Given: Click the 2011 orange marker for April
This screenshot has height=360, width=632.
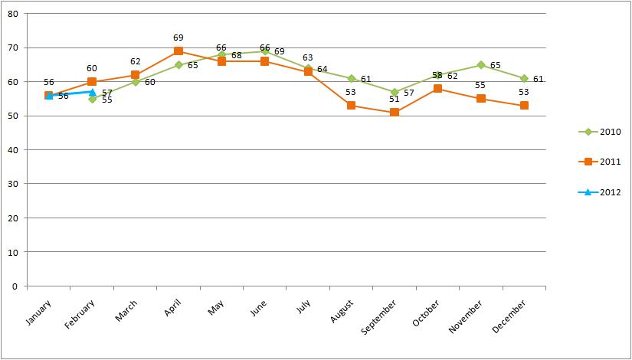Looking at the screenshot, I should tap(178, 51).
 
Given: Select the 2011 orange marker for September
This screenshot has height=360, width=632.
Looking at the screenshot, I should tap(395, 113).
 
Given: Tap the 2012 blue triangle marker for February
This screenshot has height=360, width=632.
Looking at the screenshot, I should tap(92, 92).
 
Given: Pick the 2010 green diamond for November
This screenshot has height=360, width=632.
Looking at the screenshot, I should tap(481, 65).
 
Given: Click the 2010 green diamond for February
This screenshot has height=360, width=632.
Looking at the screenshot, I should tap(92, 99).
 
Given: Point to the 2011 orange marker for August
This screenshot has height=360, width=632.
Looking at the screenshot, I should tap(351, 106).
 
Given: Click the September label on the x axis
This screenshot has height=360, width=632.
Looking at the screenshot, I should tap(386, 316).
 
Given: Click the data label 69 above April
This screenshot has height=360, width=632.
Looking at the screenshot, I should tap(178, 38).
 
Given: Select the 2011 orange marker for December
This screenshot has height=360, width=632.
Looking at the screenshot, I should tap(524, 106).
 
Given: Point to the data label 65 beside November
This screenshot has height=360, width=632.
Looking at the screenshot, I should tap(496, 66).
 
